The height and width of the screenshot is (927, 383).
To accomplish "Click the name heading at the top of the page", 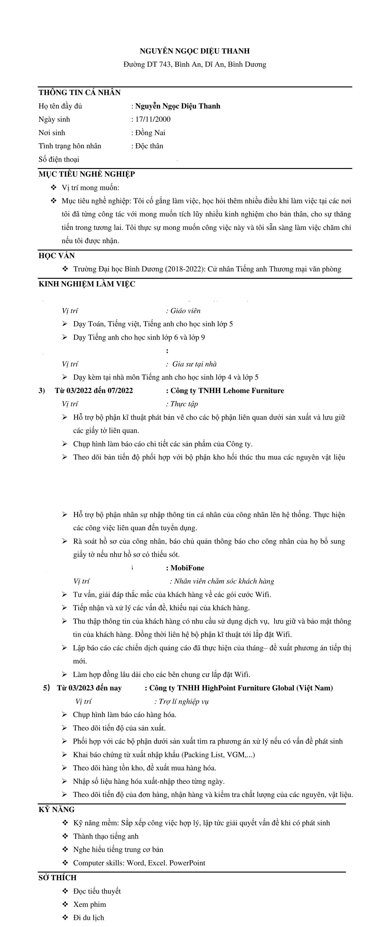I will coord(195,51).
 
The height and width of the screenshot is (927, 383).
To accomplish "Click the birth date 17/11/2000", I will coord(153,119).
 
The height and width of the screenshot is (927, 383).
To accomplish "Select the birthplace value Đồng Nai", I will coord(150,132).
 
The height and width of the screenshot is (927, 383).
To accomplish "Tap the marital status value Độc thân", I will coord(149,146).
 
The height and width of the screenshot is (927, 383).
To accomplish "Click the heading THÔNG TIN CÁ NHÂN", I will coord(79,92).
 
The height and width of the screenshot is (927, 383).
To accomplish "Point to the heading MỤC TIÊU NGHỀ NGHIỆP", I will coord(87,174).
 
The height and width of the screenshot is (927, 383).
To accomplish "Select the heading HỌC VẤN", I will coord(57,256).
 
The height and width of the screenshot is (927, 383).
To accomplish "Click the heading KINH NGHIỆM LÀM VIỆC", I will coord(87,284).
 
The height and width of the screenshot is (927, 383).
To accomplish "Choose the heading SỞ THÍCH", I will coord(57,878).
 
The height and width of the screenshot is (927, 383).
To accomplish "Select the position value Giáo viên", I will coord(185,311).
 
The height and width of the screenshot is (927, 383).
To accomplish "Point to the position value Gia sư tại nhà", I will coord(195,364).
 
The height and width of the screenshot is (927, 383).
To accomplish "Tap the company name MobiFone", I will coord(187,568).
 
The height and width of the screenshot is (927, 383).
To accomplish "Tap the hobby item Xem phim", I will coord(90,904).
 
